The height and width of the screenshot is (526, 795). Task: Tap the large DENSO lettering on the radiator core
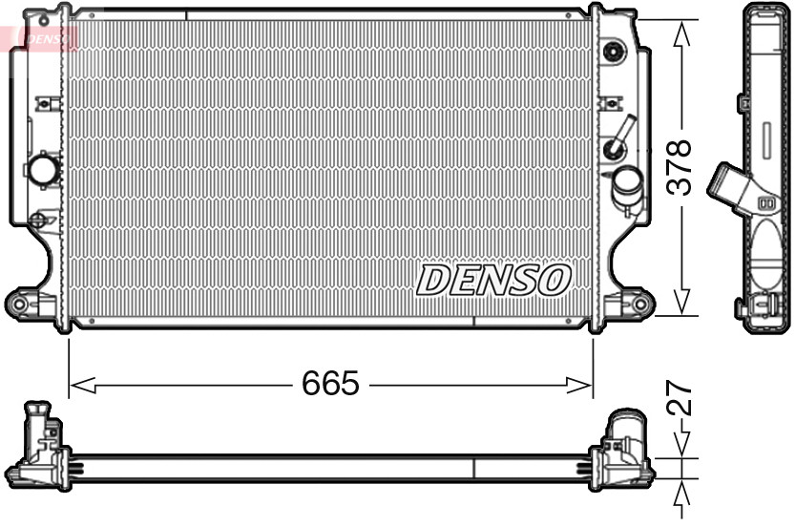click(493, 280)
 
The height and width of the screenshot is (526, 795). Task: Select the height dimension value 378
click(678, 168)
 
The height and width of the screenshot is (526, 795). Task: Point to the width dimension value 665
click(330, 384)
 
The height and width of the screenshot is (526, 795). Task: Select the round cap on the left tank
click(44, 171)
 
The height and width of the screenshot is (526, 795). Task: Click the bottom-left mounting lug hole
click(18, 304)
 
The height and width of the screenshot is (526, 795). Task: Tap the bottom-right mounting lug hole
click(641, 305)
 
